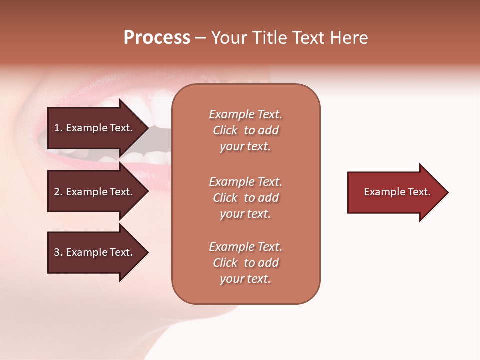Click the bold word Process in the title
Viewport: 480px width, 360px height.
point(157,38)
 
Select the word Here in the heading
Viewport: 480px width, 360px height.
point(349,38)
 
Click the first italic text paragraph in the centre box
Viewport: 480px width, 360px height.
point(245,130)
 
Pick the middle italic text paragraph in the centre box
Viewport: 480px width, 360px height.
point(245,198)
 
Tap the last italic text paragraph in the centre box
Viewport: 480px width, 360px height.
point(245,263)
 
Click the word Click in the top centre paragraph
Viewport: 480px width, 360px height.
point(225,130)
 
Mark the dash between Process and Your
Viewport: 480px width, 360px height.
point(201,38)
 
